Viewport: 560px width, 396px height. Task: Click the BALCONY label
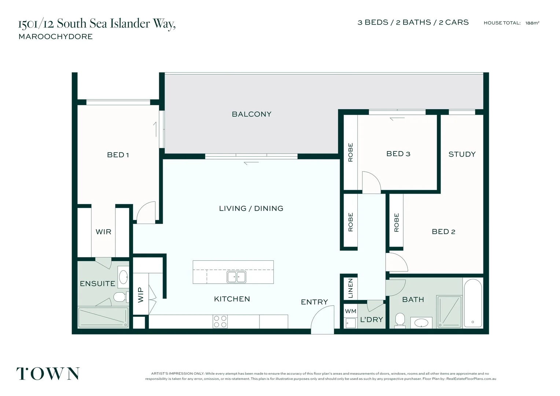point(251,114)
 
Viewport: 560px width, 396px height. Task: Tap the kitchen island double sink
point(236,277)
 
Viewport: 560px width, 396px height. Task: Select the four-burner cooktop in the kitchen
point(220,322)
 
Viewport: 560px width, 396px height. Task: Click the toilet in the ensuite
point(121,297)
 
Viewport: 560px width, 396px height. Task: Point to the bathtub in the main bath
point(473,303)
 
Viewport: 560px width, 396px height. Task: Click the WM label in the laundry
point(350,311)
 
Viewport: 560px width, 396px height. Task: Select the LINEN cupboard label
point(350,288)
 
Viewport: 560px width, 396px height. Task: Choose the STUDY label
point(462,154)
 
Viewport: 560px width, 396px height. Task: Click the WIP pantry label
point(141,295)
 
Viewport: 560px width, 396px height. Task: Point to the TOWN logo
point(48,374)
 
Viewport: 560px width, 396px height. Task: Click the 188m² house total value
point(532,23)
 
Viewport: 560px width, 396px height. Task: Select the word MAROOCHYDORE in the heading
point(56,37)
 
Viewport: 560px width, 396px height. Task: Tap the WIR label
point(103,232)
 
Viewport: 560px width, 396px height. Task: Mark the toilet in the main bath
point(400,320)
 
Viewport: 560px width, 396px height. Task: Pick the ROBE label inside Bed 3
point(350,152)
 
